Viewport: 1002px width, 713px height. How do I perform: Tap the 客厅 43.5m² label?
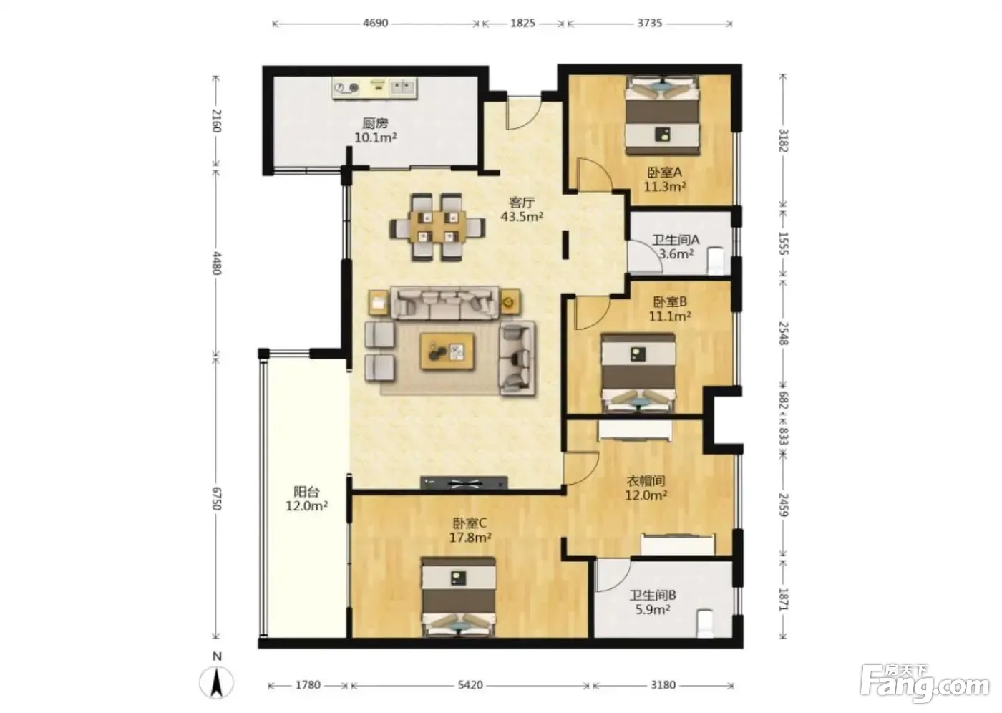522,210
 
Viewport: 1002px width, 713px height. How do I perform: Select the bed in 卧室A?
663,115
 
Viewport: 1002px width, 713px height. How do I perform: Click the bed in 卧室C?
459,597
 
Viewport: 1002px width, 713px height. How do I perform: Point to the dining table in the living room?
437,226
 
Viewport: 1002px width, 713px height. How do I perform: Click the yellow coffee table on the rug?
447,351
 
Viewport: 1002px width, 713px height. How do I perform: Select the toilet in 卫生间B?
704,624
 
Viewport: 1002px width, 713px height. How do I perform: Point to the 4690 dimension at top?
375,23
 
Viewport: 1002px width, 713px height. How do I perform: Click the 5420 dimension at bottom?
471,685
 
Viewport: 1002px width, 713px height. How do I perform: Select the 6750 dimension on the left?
216,498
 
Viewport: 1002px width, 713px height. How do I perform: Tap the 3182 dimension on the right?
783,140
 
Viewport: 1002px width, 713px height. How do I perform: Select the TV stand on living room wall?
464,482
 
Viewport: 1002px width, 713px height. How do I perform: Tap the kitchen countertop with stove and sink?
375,88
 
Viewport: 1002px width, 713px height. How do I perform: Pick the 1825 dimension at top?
523,23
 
